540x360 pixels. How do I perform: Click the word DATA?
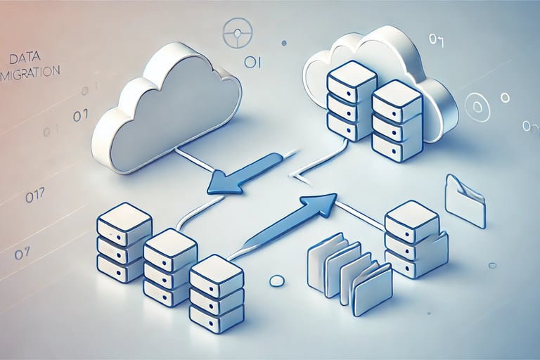click(x=26, y=58)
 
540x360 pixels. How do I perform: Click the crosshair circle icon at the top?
click(x=238, y=33)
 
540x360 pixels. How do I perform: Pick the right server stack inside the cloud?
click(x=396, y=120)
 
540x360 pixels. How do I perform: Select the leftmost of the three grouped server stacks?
click(x=124, y=243)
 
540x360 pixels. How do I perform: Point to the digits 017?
click(x=35, y=198)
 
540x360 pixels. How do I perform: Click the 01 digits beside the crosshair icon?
click(x=252, y=63)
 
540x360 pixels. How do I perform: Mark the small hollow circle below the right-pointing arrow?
click(x=277, y=281)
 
